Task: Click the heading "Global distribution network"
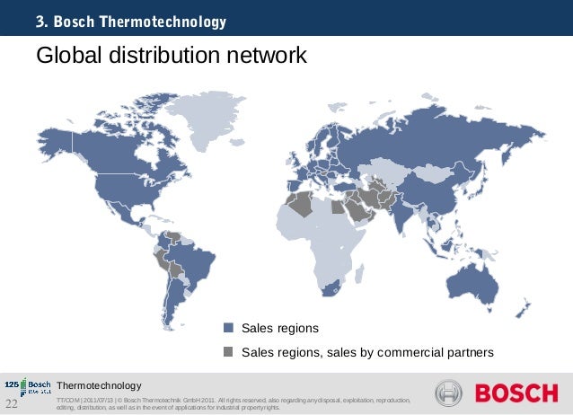click(x=171, y=57)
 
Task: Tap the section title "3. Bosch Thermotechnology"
click(x=131, y=21)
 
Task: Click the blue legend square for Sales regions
click(x=228, y=328)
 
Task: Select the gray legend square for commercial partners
click(x=228, y=351)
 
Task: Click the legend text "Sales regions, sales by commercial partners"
click(x=367, y=351)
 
